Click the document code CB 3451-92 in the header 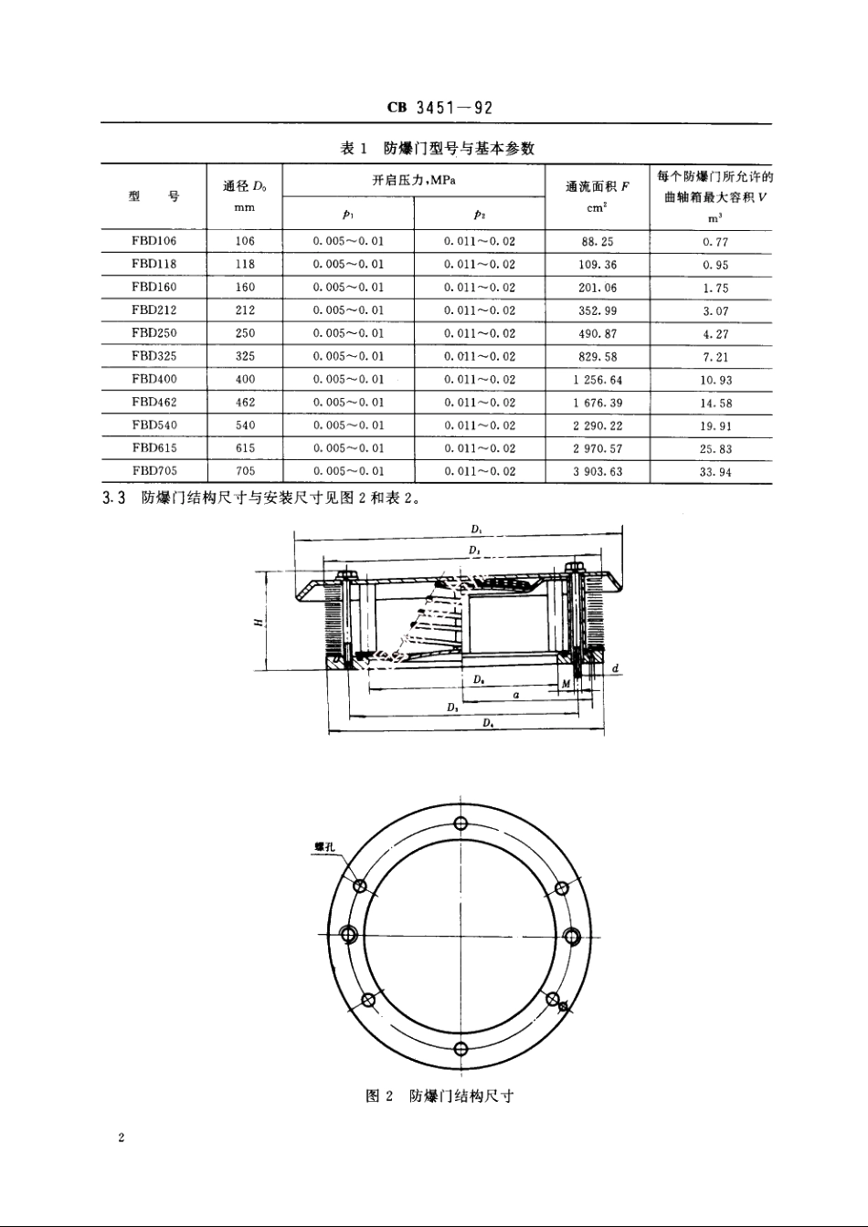pyautogui.click(x=439, y=108)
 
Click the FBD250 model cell pyautogui.click(x=154, y=333)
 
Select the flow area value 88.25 pyautogui.click(x=597, y=242)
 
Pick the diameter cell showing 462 pyautogui.click(x=244, y=402)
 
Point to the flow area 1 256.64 pyautogui.click(x=597, y=380)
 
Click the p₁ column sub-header pyautogui.click(x=347, y=215)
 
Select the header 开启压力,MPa pyautogui.click(x=413, y=180)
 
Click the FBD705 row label pyautogui.click(x=154, y=471)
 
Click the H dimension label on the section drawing pyautogui.click(x=259, y=622)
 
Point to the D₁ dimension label pyautogui.click(x=476, y=530)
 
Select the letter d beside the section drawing pyautogui.click(x=616, y=669)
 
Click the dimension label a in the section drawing pyautogui.click(x=516, y=695)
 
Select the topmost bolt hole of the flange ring pyautogui.click(x=460, y=823)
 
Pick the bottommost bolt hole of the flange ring pyautogui.click(x=460, y=1047)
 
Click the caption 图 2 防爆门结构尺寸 pyautogui.click(x=439, y=1096)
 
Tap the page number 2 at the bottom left pyautogui.click(x=121, y=1138)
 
